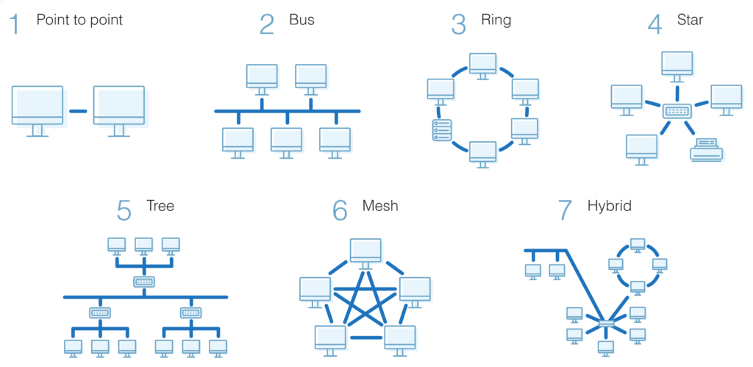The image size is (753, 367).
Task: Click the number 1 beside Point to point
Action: pyautogui.click(x=15, y=24)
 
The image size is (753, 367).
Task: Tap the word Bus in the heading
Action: pyautogui.click(x=301, y=20)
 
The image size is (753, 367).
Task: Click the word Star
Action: pyautogui.click(x=690, y=20)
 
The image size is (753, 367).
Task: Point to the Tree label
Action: pyautogui.click(x=160, y=205)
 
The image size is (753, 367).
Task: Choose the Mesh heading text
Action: pyautogui.click(x=380, y=205)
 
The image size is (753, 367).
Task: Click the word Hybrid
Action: pyautogui.click(x=609, y=205)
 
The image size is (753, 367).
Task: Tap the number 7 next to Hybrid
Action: pyautogui.click(x=565, y=210)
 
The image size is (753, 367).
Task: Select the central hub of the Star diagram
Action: pyautogui.click(x=677, y=111)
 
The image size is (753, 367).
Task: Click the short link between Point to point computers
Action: pyautogui.click(x=78, y=111)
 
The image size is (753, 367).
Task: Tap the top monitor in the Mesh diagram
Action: pyautogui.click(x=365, y=252)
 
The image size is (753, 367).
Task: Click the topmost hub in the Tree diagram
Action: pyautogui.click(x=143, y=282)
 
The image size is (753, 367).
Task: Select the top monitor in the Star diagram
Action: pyautogui.click(x=677, y=64)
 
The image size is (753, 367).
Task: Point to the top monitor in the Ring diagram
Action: pyautogui.click(x=483, y=64)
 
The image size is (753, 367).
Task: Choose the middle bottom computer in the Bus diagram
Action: pyautogui.click(x=286, y=140)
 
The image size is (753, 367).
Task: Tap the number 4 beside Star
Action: pyautogui.click(x=654, y=24)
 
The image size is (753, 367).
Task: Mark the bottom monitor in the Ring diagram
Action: pyautogui.click(x=483, y=153)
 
